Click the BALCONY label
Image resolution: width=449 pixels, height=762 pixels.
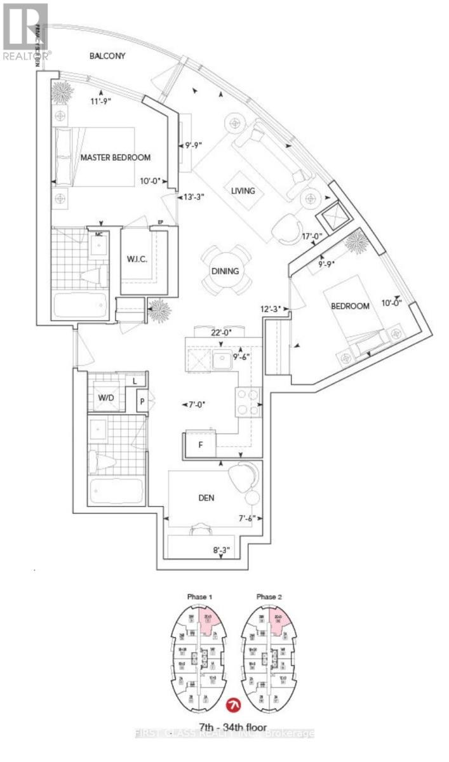[x=107, y=56]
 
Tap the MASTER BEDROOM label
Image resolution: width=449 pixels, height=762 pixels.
[x=115, y=157]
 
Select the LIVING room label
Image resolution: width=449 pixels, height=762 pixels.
[x=243, y=190]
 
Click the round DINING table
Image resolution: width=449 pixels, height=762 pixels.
[x=225, y=271]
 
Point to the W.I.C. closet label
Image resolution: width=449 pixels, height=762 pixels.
[x=138, y=259]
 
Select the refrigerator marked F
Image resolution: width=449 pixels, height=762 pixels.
[x=200, y=444]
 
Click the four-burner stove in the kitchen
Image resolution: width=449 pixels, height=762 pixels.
[x=249, y=401]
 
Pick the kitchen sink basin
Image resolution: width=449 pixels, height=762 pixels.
[x=222, y=361]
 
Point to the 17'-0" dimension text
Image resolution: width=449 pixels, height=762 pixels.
[x=314, y=237]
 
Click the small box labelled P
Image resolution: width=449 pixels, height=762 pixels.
[x=144, y=401]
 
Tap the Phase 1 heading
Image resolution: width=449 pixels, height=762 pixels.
[x=199, y=597]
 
